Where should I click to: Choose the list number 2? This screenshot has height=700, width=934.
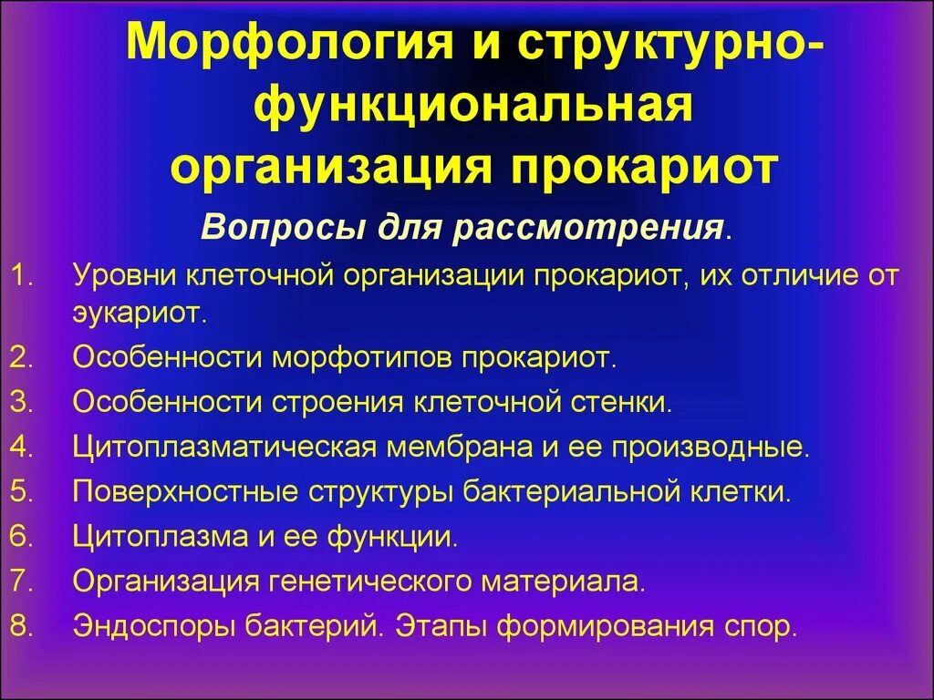tap(19, 356)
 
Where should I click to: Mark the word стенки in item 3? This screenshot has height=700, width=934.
tap(628, 402)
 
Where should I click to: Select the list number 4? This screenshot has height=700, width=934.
tap(19, 447)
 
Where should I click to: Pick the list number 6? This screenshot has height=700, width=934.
tap(19, 536)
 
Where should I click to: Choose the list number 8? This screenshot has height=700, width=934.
tap(19, 627)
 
